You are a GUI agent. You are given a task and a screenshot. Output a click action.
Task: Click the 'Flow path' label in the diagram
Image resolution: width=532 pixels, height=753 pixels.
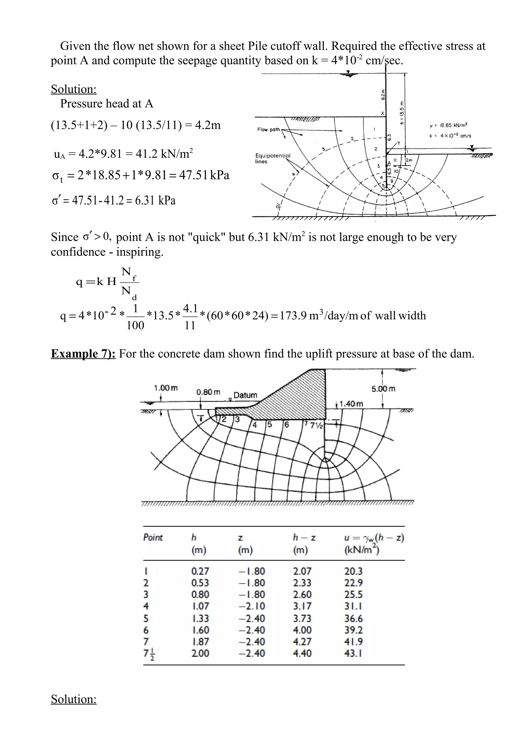coord(268,130)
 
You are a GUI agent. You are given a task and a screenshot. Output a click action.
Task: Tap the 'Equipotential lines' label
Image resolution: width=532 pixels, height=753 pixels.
coord(272,158)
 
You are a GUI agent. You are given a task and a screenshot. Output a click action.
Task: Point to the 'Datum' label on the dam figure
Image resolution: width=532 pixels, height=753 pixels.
coord(245,395)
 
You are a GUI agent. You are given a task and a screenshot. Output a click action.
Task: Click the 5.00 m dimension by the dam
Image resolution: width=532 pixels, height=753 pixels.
coord(383,389)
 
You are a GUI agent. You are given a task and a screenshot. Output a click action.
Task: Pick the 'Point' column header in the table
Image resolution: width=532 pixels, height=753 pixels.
coord(153,537)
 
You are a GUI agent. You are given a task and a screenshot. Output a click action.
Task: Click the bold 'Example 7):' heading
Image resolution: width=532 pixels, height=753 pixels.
coord(83,354)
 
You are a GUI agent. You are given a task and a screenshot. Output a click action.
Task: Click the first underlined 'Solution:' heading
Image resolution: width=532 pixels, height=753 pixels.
coord(74,89)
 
